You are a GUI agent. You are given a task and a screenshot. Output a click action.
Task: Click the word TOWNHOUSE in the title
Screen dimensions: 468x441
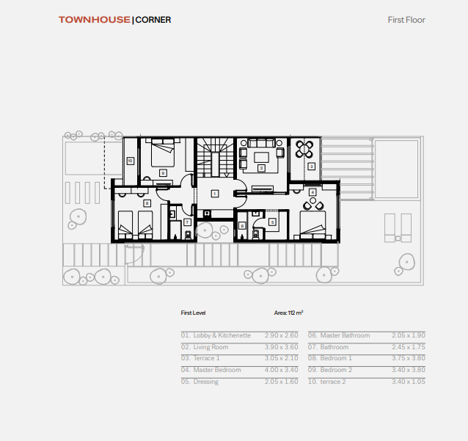95,20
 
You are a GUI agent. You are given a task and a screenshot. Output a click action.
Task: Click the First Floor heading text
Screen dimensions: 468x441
406,20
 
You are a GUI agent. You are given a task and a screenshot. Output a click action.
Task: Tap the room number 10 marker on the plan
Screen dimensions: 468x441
130,161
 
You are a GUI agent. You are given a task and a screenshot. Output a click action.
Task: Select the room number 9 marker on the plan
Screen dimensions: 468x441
163,173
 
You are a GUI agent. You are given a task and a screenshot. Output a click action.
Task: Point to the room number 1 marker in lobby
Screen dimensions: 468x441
214,194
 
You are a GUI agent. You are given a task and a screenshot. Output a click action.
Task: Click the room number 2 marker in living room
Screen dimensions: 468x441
261,168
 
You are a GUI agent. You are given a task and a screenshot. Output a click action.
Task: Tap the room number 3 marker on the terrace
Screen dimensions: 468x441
311,167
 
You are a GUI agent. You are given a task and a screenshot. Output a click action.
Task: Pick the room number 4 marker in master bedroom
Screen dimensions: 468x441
312,192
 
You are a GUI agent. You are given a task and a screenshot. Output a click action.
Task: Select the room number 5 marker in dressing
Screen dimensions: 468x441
272,222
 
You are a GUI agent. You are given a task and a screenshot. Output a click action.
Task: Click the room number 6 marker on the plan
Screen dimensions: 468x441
242,226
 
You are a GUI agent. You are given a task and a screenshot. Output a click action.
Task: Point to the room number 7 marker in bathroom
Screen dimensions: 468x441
187,222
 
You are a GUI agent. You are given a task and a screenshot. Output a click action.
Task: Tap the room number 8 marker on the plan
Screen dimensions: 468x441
147,203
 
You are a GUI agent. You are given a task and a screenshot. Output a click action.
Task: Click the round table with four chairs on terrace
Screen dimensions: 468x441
304,149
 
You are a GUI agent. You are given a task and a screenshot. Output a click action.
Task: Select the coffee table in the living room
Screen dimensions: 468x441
261,157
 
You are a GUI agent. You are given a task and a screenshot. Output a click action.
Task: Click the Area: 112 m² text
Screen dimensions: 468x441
288,313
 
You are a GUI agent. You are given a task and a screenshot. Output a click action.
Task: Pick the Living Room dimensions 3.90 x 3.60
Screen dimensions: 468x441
281,347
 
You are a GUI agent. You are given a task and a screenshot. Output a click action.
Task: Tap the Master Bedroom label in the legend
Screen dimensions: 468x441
217,370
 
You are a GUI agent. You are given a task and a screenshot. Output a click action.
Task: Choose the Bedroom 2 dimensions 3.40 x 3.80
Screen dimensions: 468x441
409,370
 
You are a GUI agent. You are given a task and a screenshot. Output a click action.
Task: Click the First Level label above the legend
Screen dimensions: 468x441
193,313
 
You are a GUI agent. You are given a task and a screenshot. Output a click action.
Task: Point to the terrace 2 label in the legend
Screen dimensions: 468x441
333,382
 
